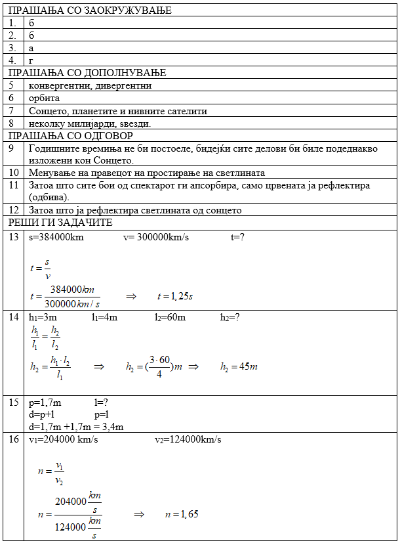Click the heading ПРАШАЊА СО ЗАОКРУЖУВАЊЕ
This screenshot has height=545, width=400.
[89, 11]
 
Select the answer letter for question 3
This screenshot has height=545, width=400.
[31, 48]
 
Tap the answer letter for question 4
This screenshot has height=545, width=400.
[31, 60]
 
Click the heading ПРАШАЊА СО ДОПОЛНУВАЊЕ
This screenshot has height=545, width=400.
[87, 73]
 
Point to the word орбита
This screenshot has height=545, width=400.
[44, 98]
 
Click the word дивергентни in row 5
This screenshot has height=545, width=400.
[124, 85]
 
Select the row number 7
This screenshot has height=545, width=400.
[11, 110]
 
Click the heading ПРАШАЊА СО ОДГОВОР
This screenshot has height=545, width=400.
[71, 136]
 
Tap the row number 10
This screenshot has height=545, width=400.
[14, 173]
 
